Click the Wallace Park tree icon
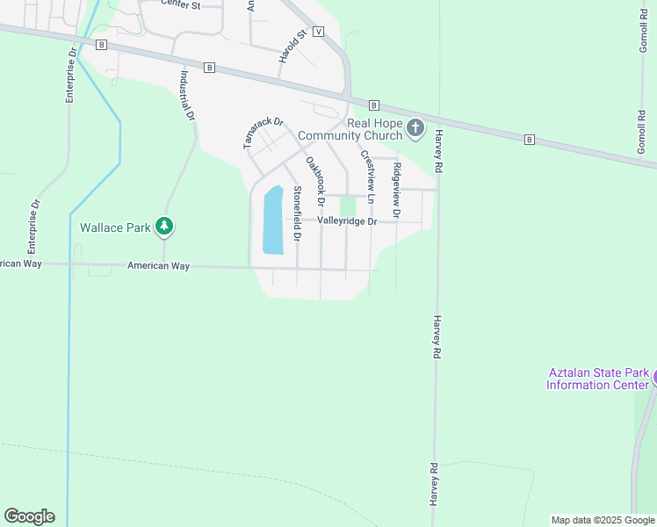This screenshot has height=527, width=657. coord(163,227)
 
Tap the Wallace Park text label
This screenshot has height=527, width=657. coord(116,227)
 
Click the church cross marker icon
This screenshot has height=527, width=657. coord(416,130)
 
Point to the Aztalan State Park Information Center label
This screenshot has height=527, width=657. coord(598,379)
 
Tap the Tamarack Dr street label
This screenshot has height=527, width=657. coord(264,133)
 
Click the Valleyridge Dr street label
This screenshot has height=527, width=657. coord(347,221)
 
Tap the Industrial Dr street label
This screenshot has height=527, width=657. coord(186,96)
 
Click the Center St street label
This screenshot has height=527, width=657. coord(184,5)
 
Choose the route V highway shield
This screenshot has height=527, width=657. coord(318,31)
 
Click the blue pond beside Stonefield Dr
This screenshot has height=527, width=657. coord(273,220)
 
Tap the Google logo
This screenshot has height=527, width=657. coord(29,516)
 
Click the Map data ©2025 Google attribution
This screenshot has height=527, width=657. coord(603,520)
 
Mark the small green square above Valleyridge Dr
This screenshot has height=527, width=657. coord(348,205)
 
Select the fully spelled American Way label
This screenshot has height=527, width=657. coord(158,265)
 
